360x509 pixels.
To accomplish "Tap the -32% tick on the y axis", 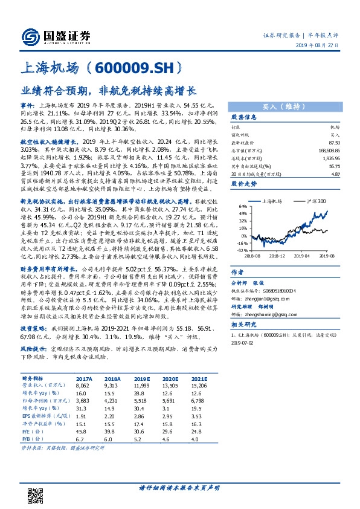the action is tap(241, 250).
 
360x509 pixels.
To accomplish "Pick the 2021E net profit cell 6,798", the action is tap(201, 400).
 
